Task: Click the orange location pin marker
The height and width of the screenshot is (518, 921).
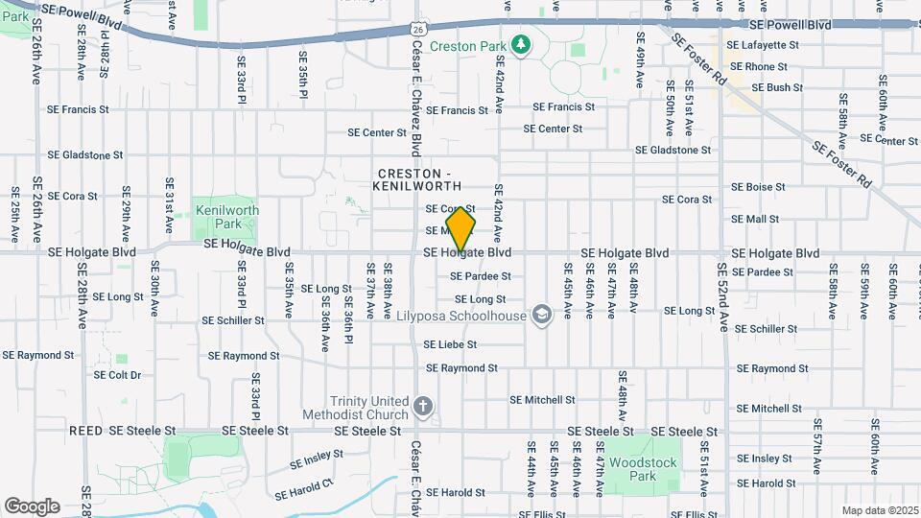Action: click(x=460, y=228)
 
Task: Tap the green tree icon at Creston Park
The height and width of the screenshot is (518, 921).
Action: click(x=521, y=44)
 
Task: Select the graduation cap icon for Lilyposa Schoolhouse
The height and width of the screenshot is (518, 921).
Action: click(x=542, y=315)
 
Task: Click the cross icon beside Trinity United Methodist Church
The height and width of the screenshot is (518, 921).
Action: click(x=421, y=407)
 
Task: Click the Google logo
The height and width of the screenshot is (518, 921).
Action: click(x=32, y=506)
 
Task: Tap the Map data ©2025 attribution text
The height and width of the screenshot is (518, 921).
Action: click(x=879, y=510)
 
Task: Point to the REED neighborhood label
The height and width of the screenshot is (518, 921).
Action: click(x=85, y=432)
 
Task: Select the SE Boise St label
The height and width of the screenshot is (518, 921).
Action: click(x=758, y=187)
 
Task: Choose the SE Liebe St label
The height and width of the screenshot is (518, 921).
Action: click(x=450, y=344)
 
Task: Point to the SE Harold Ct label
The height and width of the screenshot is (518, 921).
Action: click(x=303, y=489)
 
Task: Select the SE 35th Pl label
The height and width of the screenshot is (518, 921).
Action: click(x=302, y=75)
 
